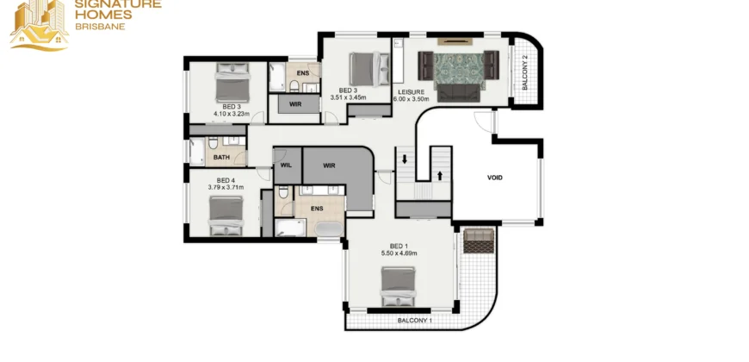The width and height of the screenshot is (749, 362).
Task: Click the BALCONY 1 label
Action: point(415,321)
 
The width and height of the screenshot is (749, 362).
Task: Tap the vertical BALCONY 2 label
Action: point(524,72)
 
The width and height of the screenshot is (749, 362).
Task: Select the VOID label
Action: point(495,178)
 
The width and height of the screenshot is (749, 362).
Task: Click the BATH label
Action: point(221,158)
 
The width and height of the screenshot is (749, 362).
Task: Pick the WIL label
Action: point(286,166)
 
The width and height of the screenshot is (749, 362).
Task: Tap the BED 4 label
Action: point(226,180)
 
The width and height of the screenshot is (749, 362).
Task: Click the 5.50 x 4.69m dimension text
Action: point(399,253)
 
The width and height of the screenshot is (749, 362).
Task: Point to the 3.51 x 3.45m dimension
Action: point(348,97)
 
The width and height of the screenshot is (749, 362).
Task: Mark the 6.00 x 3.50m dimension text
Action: point(412,99)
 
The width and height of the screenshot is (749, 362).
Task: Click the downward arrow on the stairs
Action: point(404,159)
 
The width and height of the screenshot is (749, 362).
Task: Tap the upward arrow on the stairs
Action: point(440,176)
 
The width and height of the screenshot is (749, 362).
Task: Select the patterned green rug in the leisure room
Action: point(459,70)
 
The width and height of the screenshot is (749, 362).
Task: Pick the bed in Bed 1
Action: point(399,286)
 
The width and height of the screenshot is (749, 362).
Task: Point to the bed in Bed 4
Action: point(226,215)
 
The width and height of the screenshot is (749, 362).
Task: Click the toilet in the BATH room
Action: point(213,142)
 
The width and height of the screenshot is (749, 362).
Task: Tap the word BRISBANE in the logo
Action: point(101,27)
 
